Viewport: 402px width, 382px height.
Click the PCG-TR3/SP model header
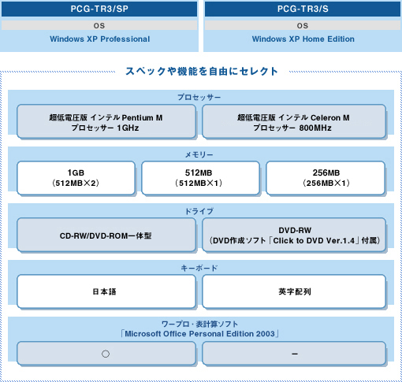(x=99, y=9)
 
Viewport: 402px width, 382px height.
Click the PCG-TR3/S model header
(x=303, y=9)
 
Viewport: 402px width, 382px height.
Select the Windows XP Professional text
(x=100, y=39)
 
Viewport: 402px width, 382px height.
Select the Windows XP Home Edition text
(x=303, y=39)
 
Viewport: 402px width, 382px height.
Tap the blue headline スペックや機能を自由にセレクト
(x=202, y=71)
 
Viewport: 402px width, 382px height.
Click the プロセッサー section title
(x=199, y=98)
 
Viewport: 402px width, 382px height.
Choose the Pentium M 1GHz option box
(x=106, y=121)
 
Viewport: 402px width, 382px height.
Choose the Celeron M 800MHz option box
(x=294, y=121)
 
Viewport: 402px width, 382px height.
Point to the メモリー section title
(x=199, y=154)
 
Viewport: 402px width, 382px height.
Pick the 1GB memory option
(x=76, y=178)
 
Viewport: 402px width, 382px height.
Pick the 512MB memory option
(x=200, y=178)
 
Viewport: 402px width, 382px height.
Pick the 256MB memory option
(x=326, y=178)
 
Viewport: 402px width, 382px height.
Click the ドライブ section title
(x=199, y=211)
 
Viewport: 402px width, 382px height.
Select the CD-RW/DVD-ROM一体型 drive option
(x=106, y=235)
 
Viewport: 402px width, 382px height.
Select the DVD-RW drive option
(x=294, y=235)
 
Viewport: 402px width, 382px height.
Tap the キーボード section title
(x=199, y=268)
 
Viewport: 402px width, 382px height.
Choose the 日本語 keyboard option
(x=106, y=291)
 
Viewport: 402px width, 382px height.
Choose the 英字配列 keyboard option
(x=294, y=291)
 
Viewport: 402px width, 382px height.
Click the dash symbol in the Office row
(x=295, y=354)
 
